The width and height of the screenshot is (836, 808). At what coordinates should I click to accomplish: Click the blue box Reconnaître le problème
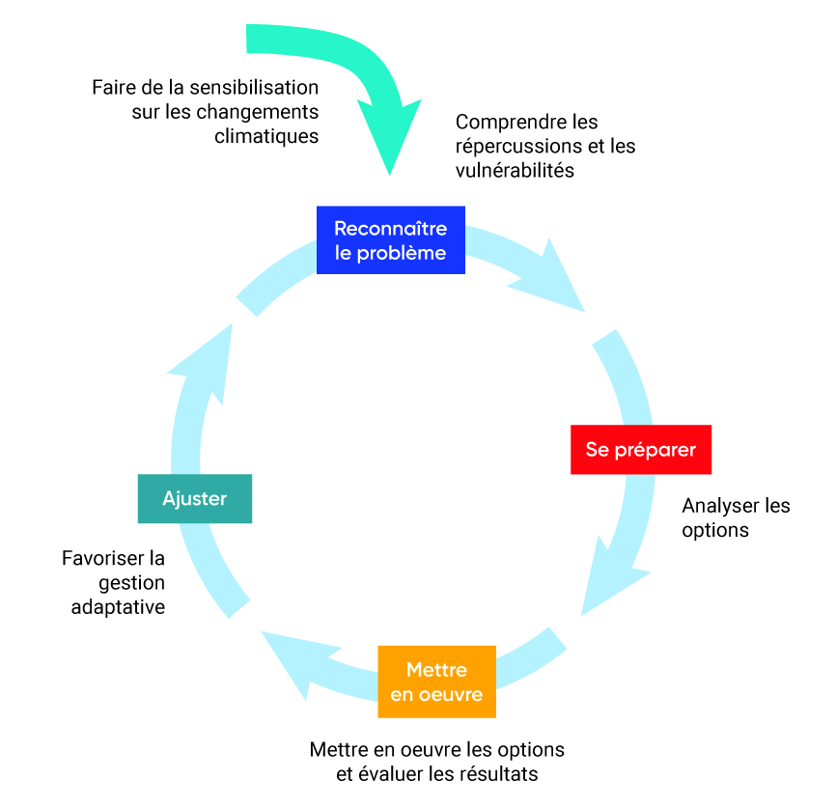390,240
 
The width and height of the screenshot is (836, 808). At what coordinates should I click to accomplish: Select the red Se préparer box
640,450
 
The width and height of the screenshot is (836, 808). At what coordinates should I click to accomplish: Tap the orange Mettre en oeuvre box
436,682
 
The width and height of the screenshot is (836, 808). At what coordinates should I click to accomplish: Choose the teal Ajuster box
194,498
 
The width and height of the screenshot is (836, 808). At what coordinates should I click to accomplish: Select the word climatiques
265,136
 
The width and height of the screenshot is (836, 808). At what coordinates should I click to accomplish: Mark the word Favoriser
100,558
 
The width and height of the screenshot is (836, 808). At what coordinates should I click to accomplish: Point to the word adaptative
118,607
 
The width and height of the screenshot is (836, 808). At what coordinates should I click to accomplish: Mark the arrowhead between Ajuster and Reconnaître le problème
208,362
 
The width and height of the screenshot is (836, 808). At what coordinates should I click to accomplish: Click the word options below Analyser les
715,530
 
